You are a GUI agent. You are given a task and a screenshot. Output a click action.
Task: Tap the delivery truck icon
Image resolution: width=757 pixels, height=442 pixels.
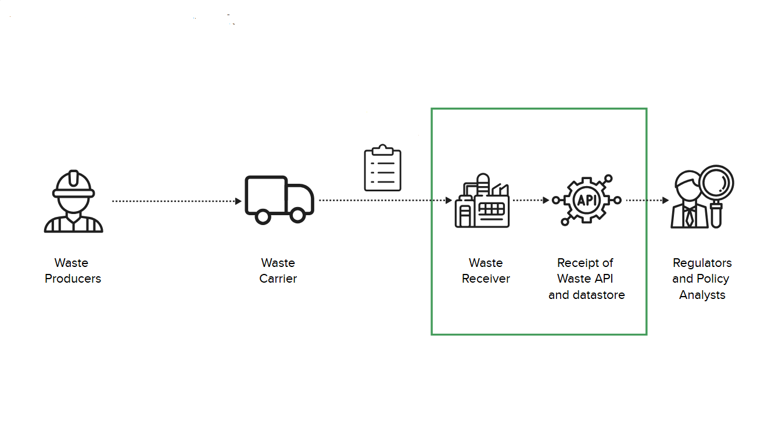click(279, 199)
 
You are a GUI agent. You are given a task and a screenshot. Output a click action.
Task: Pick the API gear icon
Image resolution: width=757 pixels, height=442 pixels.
click(586, 199)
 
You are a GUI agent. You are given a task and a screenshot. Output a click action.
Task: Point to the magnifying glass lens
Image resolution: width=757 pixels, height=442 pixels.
click(716, 183)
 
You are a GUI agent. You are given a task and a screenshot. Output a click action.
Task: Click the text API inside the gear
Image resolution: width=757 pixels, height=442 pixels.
click(586, 199)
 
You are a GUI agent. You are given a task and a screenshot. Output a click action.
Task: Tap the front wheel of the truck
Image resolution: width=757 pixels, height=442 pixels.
click(297, 215)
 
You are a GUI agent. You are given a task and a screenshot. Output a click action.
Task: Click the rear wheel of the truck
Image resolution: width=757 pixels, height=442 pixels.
click(263, 216)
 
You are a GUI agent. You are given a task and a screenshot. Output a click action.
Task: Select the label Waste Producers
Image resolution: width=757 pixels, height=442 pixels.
click(73, 271)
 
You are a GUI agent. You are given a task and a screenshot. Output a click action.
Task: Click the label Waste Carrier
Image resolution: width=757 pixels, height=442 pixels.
click(278, 271)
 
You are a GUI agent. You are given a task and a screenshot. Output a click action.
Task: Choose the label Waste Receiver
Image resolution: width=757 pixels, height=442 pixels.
click(486, 271)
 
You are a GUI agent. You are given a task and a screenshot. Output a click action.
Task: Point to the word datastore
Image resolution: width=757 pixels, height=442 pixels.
click(599, 295)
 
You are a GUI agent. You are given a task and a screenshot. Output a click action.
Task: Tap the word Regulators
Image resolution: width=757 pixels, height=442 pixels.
click(702, 263)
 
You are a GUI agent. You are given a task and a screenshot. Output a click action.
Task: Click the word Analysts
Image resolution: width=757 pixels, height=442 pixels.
click(702, 295)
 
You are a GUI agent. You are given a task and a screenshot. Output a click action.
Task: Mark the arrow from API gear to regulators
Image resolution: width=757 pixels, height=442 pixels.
click(647, 200)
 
